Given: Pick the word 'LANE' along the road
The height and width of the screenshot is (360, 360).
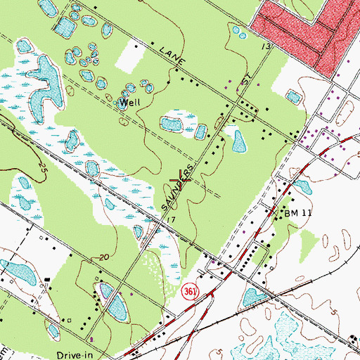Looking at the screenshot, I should tap(172, 57).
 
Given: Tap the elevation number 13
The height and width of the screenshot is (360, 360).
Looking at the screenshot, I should tap(266, 46).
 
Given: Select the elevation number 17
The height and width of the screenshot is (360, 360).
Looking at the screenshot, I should tap(171, 221).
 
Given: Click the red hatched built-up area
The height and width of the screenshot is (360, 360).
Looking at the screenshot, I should tap(302, 28).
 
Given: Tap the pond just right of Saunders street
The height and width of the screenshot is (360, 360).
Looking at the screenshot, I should tap(240, 141).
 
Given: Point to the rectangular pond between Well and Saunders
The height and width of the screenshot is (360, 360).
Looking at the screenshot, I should tap(172, 124).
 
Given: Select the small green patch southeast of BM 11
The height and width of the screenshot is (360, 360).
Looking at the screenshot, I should tap(305, 243).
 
